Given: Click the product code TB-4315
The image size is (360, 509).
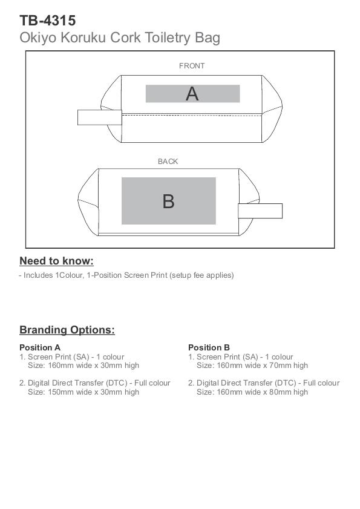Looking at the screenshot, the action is [x=47, y=21].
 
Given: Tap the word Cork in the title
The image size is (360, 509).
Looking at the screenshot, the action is [x=125, y=38].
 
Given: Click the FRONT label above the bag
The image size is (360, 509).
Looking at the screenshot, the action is [x=192, y=66].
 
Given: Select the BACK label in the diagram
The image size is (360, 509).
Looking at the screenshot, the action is [x=168, y=162].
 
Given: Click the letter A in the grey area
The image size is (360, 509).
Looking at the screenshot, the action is [x=192, y=94].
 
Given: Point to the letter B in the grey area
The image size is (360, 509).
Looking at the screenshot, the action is [x=168, y=202].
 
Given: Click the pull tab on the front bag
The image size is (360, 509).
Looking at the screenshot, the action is [x=100, y=117].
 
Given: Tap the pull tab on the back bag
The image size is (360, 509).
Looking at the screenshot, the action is [x=260, y=211].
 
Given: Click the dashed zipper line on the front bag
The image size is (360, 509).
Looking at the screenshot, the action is [x=192, y=115].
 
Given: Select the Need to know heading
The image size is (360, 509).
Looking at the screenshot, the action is [x=56, y=261].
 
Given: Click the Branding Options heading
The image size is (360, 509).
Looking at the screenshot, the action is [x=67, y=330].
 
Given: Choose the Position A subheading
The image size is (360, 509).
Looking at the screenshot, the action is [x=40, y=347].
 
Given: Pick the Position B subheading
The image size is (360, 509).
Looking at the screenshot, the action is [x=209, y=347].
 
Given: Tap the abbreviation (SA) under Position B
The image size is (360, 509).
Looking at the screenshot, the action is [x=250, y=357].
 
